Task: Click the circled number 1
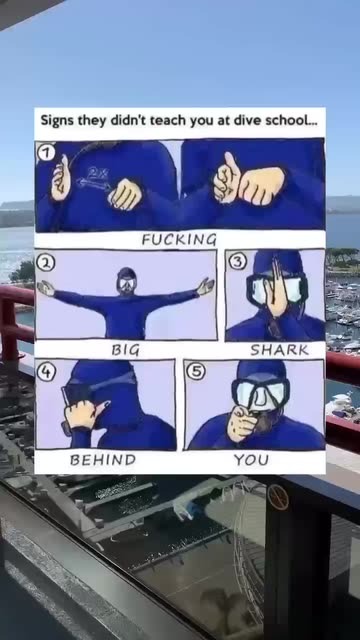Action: click(x=46, y=153)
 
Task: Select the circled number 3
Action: click(x=236, y=262)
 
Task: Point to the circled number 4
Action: click(x=46, y=373)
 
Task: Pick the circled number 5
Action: click(x=196, y=373)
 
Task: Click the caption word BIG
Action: click(x=126, y=350)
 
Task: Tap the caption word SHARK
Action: click(x=280, y=350)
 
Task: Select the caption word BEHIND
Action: click(x=103, y=460)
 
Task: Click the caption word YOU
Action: click(x=251, y=460)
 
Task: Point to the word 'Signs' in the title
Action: click(x=55, y=121)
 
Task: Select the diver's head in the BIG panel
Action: click(x=127, y=281)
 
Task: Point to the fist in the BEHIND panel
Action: click(x=84, y=414)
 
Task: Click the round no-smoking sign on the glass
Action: click(x=278, y=497)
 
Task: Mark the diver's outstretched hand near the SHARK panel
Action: click(x=205, y=286)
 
